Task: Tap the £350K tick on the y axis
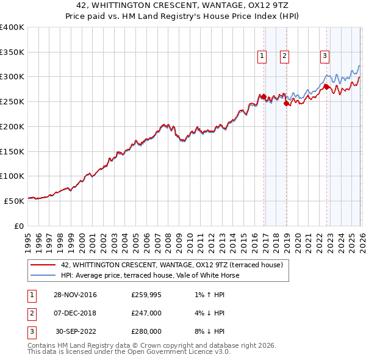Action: (12, 52)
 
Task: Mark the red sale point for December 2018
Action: (286, 103)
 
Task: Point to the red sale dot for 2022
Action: (326, 87)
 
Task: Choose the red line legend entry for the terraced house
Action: (171, 265)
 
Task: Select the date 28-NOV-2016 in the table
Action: (75, 295)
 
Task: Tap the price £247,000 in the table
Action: (146, 313)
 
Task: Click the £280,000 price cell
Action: (146, 331)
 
